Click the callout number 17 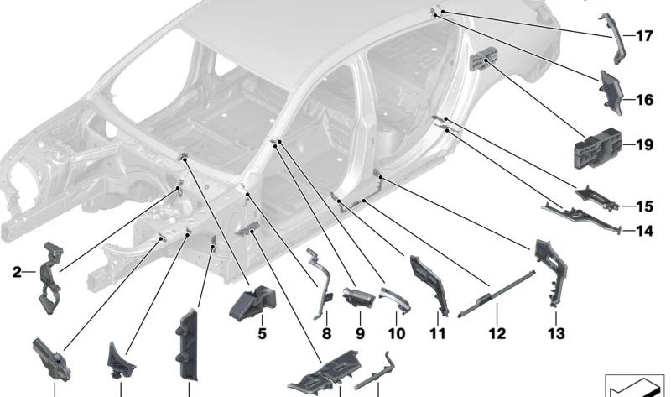tap(643, 36)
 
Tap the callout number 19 tap(643, 145)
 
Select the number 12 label tap(497, 333)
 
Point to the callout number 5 tap(262, 333)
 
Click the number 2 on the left tap(17, 271)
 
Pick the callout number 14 tap(643, 231)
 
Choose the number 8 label tap(326, 333)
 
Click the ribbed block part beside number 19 tap(596, 149)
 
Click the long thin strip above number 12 tap(495, 294)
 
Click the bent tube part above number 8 tap(320, 281)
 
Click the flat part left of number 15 tap(596, 198)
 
